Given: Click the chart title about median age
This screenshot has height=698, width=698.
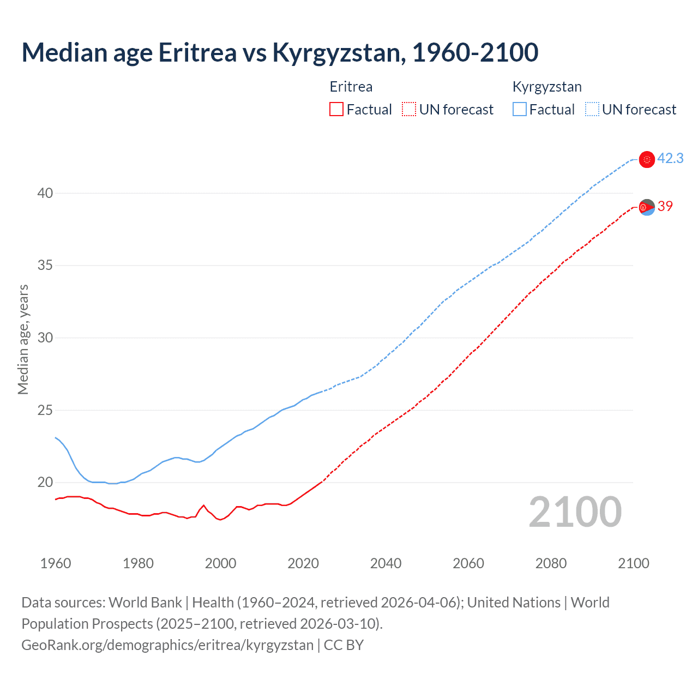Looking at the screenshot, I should coord(280,53).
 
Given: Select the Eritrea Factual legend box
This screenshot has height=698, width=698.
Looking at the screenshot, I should coord(336,110).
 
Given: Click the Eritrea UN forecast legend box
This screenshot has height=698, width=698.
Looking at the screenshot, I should coord(409,110).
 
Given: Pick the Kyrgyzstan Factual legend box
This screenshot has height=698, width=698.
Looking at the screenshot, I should coord(520,110).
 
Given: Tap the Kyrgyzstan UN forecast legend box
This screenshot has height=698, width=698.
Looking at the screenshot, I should coord(592,110).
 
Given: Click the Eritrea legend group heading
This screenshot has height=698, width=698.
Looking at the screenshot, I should coord(351,87).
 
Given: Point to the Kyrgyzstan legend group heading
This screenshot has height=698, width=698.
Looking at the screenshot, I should coord(547,87).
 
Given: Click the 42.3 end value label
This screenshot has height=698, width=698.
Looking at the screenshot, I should coord(670,159).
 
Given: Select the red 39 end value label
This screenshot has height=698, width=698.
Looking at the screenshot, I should coord(665,206).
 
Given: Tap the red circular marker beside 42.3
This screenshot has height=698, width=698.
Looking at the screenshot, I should coord(647,159).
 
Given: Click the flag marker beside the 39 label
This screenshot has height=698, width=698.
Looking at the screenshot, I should coord(647,207).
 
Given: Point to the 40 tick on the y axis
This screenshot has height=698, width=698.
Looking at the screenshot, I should coord(45,193).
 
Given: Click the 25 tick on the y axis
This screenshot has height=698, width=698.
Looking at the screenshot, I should coord(45,410).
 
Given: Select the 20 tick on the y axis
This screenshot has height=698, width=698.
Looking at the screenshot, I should coord(45,482).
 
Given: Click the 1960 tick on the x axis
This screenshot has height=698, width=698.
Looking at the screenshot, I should coord(56,563).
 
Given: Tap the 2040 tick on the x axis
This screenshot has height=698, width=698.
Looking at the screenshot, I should coord(386,563).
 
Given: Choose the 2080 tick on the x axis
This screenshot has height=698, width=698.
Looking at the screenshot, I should coord(551,563).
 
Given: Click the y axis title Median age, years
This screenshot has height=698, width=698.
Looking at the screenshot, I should coord(23,339).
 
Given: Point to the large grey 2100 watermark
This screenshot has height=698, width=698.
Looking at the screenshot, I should coord(575,512).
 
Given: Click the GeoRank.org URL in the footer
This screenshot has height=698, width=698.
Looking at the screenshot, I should coord(167,645).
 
